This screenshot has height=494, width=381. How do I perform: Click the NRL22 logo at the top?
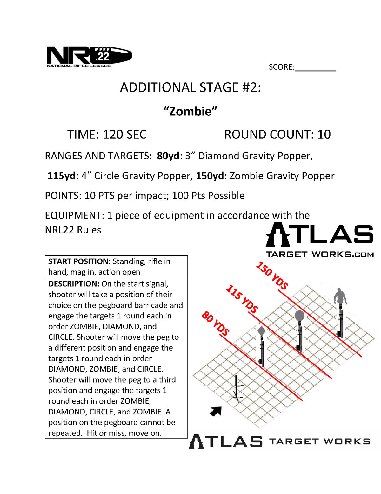click(89, 57)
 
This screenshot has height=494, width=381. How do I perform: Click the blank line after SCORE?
click(315, 67)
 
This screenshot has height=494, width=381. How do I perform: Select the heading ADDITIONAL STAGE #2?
click(190, 87)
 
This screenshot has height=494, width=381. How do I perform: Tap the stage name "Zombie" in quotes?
click(190, 111)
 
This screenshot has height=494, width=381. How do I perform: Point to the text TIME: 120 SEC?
click(107, 135)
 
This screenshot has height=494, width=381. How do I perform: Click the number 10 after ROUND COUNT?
click(324, 135)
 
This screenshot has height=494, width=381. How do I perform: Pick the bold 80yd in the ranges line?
click(168, 156)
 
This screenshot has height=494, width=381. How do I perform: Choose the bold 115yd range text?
click(62, 176)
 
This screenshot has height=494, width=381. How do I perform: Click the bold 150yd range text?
click(210, 176)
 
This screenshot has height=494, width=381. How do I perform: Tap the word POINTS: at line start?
click(63, 196)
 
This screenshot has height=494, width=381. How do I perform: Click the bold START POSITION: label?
click(79, 261)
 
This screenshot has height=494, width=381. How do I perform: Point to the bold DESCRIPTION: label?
click(74, 284)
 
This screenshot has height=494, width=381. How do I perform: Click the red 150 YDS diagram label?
click(272, 275)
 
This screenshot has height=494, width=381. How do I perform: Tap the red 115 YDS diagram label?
click(242, 299)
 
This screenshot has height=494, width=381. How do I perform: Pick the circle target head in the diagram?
click(299, 316)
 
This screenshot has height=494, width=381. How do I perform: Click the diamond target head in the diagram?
click(261, 331)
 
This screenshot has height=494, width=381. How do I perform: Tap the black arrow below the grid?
click(216, 411)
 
